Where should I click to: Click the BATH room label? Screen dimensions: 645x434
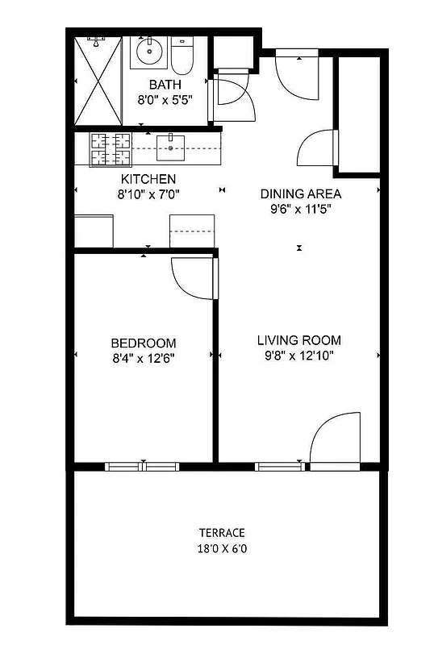pyautogui.click(x=165, y=84)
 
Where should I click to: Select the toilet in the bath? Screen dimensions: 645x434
pyautogui.click(x=182, y=55)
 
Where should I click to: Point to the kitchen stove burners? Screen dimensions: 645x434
pyautogui.click(x=111, y=148)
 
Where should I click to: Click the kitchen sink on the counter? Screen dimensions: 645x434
pyautogui.click(x=170, y=146)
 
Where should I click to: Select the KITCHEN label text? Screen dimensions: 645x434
pyautogui.click(x=148, y=179)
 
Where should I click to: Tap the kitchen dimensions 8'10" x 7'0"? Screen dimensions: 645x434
pyautogui.click(x=148, y=194)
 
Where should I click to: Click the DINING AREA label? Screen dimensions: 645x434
pyautogui.click(x=300, y=193)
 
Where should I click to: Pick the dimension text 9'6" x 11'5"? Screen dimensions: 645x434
pyautogui.click(x=300, y=209)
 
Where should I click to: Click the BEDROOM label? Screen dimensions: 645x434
pyautogui.click(x=144, y=343)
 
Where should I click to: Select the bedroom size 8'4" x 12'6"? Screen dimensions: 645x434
pyautogui.click(x=144, y=357)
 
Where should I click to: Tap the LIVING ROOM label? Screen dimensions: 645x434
pyautogui.click(x=299, y=339)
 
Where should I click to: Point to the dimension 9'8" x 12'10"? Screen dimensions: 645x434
pyautogui.click(x=299, y=355)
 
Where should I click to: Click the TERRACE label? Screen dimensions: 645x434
pyautogui.click(x=222, y=533)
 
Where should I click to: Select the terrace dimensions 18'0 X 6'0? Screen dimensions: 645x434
pyautogui.click(x=222, y=548)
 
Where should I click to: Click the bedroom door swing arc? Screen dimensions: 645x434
pyautogui.click(x=190, y=277)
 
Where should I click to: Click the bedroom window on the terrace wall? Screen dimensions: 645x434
pyautogui.click(x=141, y=466)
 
